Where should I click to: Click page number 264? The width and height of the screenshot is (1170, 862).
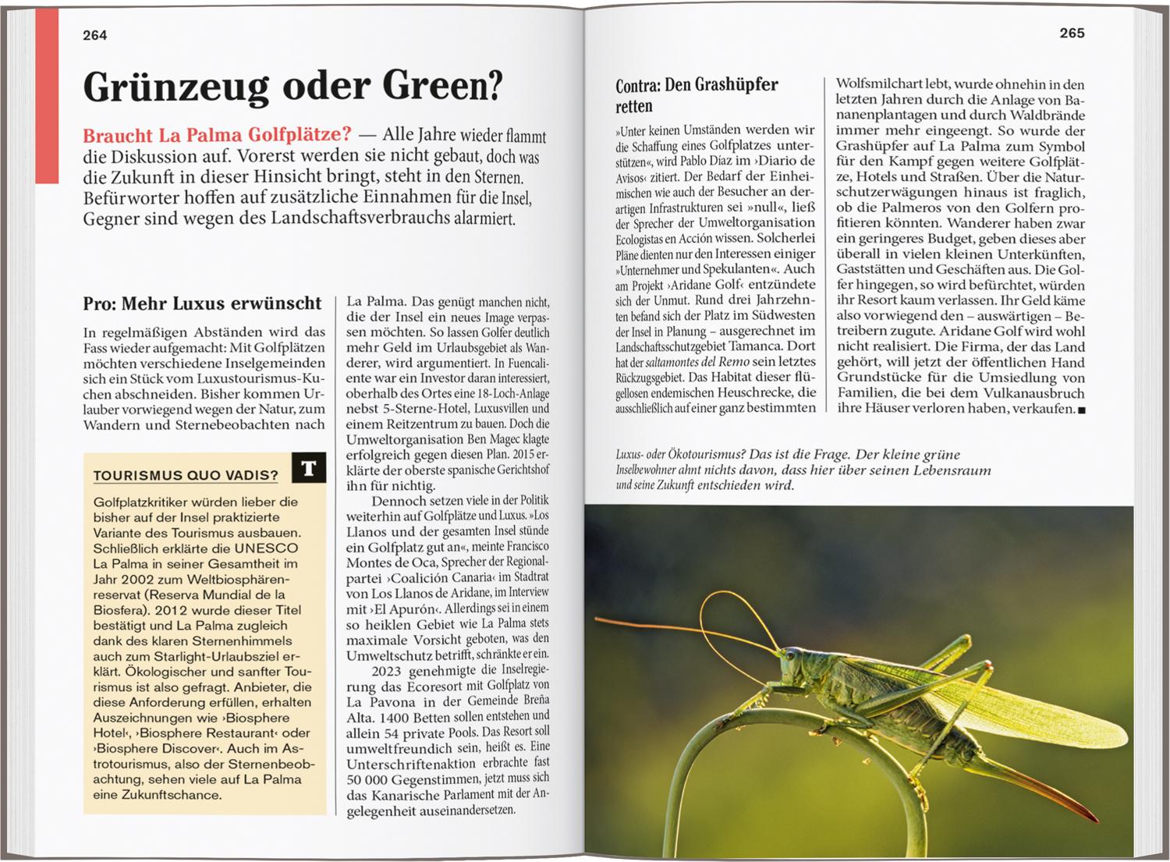94,35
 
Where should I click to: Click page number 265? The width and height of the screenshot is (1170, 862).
1072,33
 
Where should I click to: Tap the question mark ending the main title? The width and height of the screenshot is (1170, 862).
494,86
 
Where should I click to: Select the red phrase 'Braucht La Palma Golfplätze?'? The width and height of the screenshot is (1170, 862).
217,134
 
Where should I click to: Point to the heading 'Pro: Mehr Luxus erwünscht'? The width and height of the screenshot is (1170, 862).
202,303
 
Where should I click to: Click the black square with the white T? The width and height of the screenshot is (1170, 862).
308,468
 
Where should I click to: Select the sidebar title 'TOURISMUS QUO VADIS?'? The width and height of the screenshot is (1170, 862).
186,475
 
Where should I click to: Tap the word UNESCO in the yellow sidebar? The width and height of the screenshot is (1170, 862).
266,548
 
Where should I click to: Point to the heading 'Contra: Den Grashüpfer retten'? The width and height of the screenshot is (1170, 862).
697,95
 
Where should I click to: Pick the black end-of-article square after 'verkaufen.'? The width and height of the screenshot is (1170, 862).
1081,410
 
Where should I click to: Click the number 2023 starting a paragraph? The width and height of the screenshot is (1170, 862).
387,671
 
